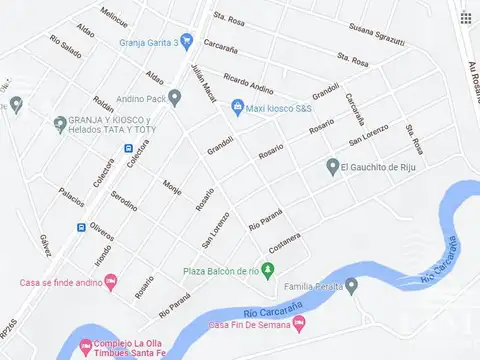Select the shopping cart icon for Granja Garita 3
[187, 41]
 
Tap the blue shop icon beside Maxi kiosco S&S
[237, 106]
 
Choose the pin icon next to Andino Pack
[175, 98]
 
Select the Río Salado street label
[65, 49]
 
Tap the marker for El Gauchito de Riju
[332, 166]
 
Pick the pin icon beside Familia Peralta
[351, 286]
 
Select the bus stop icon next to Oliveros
[81, 227]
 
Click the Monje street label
[171, 190]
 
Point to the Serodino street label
[124, 205]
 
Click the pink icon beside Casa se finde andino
[110, 281]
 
